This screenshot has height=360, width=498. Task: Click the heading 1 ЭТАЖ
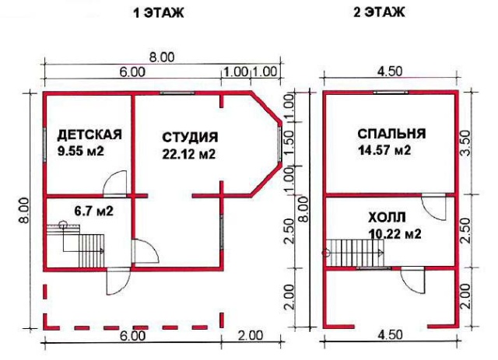coord(159,13)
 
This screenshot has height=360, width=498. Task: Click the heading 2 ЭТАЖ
coord(379,12)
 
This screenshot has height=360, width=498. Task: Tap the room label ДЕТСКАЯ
coord(89,135)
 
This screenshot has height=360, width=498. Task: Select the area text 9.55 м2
coord(81,151)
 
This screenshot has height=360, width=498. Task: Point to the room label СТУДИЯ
coord(190,138)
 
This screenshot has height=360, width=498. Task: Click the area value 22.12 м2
coord(189,154)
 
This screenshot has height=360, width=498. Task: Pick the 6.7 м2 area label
coord(93,211)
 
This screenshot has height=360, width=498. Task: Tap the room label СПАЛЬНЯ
coord(391,134)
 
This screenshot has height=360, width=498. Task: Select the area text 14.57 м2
coord(384,150)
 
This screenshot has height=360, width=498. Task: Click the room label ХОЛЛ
coord(387,218)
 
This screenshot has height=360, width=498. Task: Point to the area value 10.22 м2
coord(395,234)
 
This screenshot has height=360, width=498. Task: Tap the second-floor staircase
coord(355,253)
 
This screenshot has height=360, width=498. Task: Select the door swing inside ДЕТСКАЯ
coord(115,183)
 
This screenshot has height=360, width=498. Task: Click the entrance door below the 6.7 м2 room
coord(118,281)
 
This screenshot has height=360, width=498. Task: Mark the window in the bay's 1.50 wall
coord(279,144)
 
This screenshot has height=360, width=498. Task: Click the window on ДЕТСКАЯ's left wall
coord(45,144)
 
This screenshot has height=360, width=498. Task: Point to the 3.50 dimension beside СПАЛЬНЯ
coord(465,142)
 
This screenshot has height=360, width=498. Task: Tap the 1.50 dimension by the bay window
coord(289,143)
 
